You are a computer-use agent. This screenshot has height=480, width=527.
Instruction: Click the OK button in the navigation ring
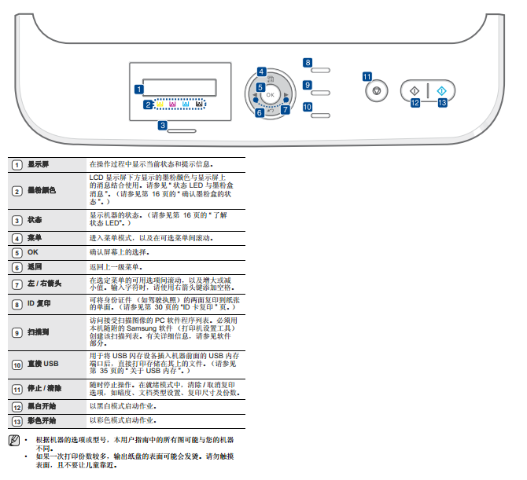click(x=271, y=95)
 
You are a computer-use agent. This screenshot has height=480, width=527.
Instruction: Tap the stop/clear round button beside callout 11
click(x=377, y=90)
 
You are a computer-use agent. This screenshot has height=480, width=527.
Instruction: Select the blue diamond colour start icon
click(x=441, y=90)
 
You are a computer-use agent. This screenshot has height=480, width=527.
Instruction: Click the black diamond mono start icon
click(x=415, y=90)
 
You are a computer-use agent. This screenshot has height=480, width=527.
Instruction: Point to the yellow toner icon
click(x=160, y=104)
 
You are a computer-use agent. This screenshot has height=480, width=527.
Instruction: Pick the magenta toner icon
click(x=172, y=104)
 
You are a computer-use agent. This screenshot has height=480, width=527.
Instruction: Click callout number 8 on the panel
click(x=308, y=62)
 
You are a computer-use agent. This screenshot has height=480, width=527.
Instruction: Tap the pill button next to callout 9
click(x=320, y=93)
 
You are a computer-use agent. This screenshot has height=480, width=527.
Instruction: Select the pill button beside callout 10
click(x=320, y=115)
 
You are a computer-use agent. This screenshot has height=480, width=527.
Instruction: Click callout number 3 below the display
click(x=163, y=126)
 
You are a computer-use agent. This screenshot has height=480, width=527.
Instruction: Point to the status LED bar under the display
click(x=182, y=131)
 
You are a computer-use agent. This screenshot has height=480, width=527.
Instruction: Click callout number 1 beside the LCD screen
click(x=138, y=90)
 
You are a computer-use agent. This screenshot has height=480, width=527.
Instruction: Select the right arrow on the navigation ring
click(x=286, y=95)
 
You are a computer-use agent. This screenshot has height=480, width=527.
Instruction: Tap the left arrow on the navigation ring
click(x=254, y=95)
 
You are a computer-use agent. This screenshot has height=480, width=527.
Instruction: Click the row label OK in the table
click(x=32, y=252)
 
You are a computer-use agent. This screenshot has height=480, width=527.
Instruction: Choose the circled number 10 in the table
click(x=17, y=365)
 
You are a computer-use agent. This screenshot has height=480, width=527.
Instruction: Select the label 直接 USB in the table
click(x=43, y=364)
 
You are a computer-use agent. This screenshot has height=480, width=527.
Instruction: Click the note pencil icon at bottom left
click(x=14, y=441)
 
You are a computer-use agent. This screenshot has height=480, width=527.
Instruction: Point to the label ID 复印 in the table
click(x=39, y=303)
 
